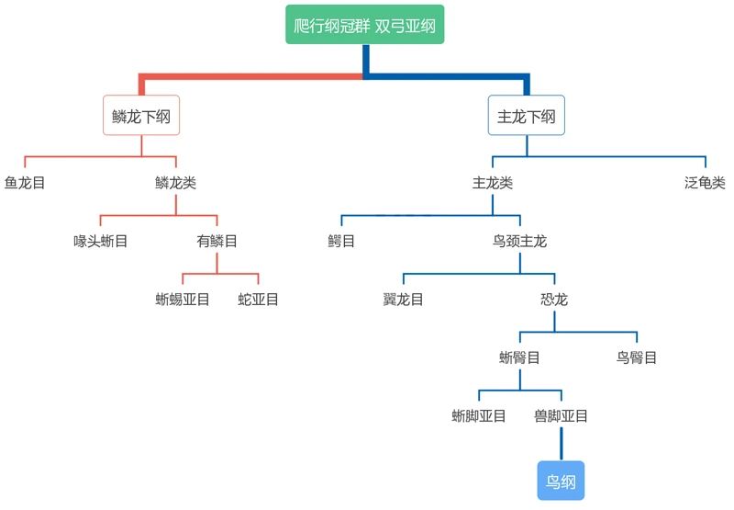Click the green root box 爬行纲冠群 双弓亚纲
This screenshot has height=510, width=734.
click(x=364, y=26)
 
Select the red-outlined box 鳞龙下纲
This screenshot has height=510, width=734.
click(x=141, y=117)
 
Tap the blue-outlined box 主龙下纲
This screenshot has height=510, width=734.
click(x=526, y=117)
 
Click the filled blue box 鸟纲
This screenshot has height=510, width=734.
click(x=561, y=482)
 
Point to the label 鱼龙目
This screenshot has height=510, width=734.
click(x=25, y=183)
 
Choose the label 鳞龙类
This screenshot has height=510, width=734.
click(x=176, y=183)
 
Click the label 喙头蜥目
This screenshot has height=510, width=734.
click(x=100, y=242)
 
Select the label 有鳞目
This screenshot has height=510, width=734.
click(x=217, y=242)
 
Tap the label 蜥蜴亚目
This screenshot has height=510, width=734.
click(x=183, y=300)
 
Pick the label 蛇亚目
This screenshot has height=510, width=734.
click(x=259, y=300)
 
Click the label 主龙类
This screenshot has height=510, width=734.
click(x=492, y=183)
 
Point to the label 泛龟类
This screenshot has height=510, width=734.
click(x=705, y=183)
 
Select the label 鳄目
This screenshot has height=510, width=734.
click(x=341, y=242)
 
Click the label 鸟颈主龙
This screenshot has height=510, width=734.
click(x=519, y=242)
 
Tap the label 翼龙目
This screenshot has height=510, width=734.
click(x=403, y=300)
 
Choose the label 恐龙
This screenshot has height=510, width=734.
click(x=554, y=300)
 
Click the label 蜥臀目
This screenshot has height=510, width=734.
click(x=519, y=357)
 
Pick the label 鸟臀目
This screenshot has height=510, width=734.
click(x=637, y=357)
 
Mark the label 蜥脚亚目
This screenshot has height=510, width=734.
click(x=479, y=415)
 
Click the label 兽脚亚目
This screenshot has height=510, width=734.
click(x=561, y=415)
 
